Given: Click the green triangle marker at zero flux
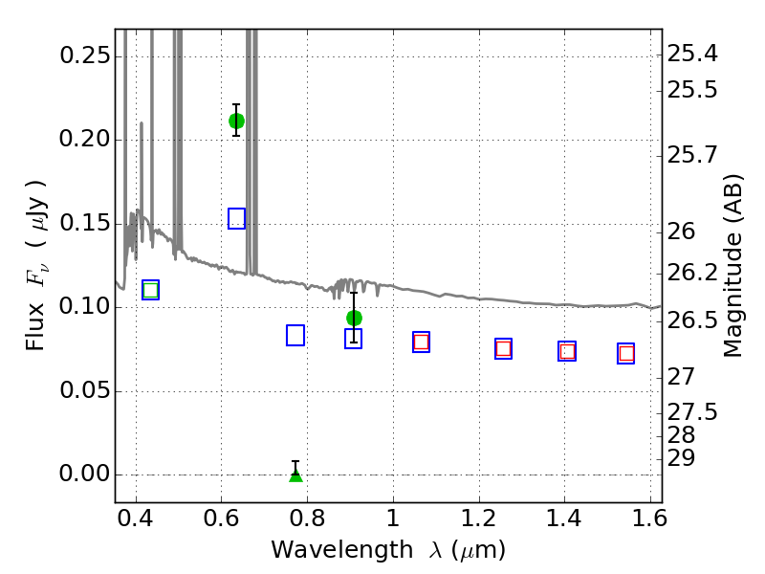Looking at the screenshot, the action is (x=295, y=475).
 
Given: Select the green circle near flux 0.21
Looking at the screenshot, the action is (x=236, y=121).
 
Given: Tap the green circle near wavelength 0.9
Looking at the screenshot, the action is (x=354, y=319).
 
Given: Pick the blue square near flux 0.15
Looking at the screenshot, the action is (x=236, y=218).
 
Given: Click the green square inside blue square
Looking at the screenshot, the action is (x=151, y=291).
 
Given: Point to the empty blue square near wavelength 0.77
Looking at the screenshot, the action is (x=295, y=336).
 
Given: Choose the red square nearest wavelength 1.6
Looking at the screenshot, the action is (x=626, y=353).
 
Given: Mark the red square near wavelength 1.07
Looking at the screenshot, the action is (x=421, y=342).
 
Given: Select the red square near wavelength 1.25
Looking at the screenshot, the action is (x=504, y=348).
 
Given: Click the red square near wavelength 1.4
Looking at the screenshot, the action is (x=567, y=351).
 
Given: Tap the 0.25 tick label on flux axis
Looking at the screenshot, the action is (x=85, y=55).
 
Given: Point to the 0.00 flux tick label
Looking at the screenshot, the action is (x=85, y=474).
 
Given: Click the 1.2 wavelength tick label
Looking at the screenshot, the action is (x=479, y=519).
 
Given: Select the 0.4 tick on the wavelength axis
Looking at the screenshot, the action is (x=136, y=519).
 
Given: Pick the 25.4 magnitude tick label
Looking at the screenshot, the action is (x=692, y=54).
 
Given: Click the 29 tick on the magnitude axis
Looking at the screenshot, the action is (x=681, y=458).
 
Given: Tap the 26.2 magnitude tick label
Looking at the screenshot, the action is (x=692, y=274).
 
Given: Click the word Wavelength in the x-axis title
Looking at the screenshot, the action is (x=342, y=551).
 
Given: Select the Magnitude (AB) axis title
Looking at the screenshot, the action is (x=732, y=266).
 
